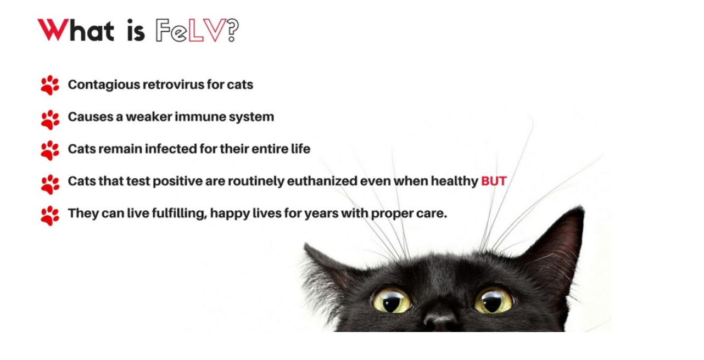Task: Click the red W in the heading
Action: (53, 30)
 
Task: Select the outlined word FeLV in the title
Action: (191, 30)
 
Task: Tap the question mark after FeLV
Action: (233, 30)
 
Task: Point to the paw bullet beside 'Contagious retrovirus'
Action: (50, 85)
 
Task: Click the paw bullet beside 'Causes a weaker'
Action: (50, 120)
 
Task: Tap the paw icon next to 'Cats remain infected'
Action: (50, 150)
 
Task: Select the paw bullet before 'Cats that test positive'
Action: (50, 184)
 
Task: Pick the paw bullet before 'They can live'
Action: (50, 216)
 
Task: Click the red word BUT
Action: (494, 181)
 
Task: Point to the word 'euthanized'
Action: (322, 181)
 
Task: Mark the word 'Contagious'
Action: (104, 85)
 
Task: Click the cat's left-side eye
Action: (392, 301)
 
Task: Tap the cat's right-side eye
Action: (493, 300)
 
